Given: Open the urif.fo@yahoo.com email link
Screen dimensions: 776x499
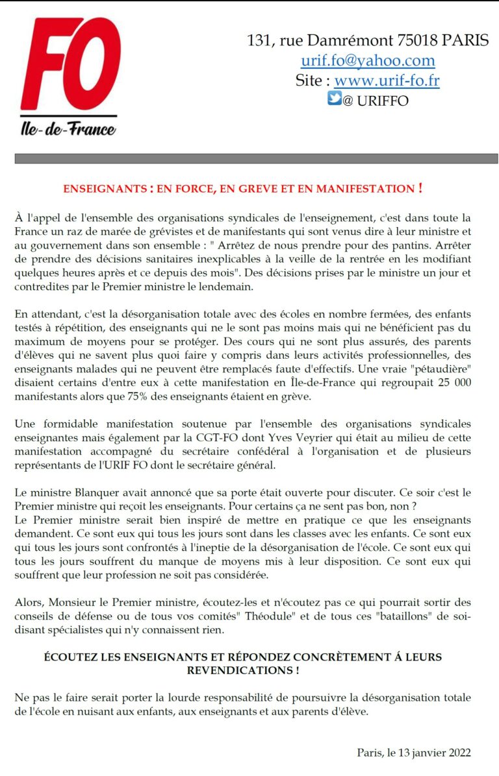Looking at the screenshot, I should point(367,61).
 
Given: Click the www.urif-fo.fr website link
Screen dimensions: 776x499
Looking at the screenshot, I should point(387,81).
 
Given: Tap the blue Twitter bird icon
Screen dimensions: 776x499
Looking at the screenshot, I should point(334,99).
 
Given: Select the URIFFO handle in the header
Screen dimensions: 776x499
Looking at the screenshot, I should point(382,101).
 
